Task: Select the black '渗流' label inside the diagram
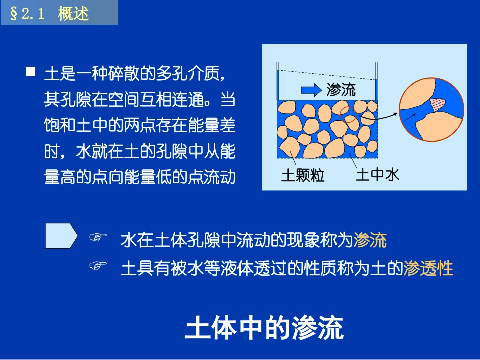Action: [x=341, y=90]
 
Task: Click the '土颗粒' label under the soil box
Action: [x=303, y=176]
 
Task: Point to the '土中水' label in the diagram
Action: [x=377, y=175]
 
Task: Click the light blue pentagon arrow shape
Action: [x=61, y=236]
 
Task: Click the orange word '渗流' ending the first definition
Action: [x=370, y=240]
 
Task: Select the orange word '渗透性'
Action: [x=428, y=268]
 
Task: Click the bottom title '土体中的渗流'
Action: [x=264, y=329]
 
